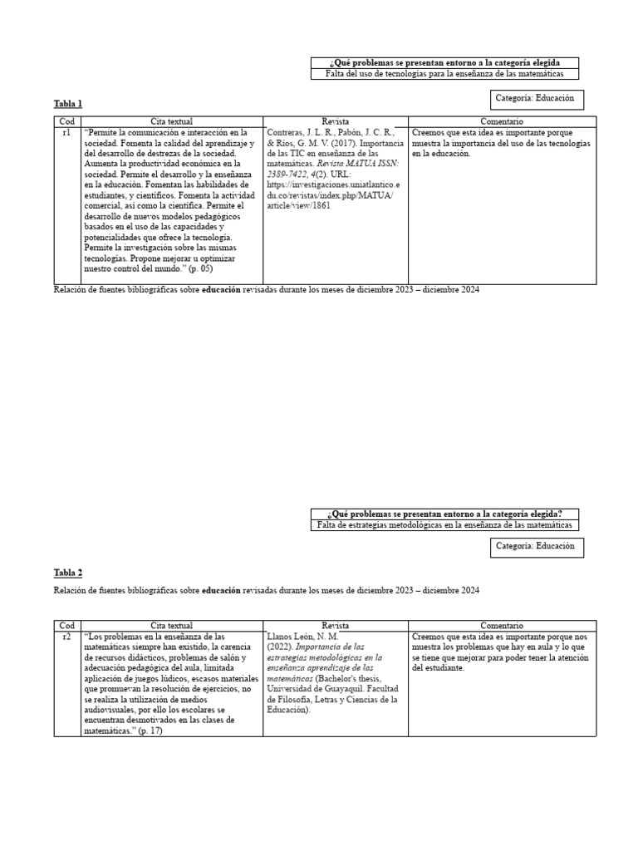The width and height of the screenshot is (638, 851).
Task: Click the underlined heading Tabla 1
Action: (68, 104)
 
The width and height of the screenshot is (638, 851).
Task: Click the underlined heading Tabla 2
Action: (68, 573)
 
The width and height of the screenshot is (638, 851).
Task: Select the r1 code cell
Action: (66, 132)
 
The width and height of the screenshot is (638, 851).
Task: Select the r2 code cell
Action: (66, 636)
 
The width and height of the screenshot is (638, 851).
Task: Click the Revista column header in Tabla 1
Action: (336, 121)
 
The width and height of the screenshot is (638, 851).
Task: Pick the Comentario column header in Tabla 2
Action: (502, 625)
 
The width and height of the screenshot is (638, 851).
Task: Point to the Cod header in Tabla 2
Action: (66, 625)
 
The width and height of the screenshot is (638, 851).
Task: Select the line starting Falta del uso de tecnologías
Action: (444, 74)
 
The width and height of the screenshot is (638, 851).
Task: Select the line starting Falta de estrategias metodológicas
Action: (444, 525)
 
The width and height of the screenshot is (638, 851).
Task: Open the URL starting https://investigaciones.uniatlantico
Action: (333, 184)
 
